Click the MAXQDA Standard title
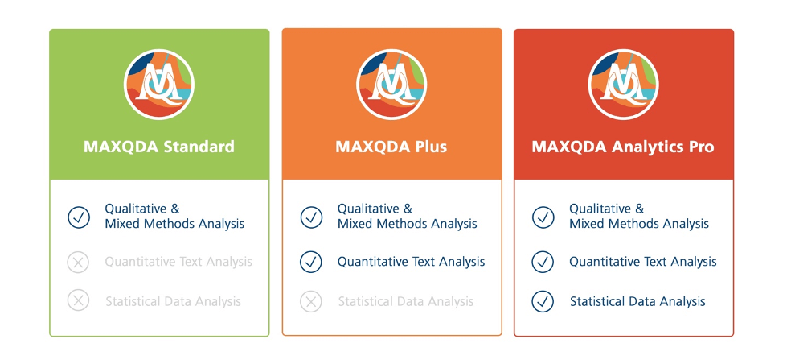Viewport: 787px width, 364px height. [158, 147]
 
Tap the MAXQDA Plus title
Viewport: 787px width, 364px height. [391, 147]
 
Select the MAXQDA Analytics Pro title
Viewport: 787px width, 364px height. [623, 147]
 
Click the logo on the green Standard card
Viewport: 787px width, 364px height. [159, 84]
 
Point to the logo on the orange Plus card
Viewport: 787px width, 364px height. [391, 84]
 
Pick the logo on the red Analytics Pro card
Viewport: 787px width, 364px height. [623, 84]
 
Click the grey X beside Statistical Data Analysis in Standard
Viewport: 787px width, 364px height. [78, 301]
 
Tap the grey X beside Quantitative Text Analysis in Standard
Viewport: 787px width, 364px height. [78, 262]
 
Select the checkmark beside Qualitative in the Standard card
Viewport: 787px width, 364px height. [79, 217]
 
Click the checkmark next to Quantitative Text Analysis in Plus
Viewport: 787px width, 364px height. [311, 262]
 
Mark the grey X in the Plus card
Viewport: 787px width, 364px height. [311, 301]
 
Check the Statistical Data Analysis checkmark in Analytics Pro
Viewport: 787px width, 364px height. [543, 301]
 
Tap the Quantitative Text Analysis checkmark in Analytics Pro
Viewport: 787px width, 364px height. [543, 262]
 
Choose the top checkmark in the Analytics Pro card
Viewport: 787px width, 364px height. [543, 217]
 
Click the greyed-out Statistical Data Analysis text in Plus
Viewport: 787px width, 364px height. [405, 302]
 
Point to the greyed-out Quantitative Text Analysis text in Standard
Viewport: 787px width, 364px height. [178, 262]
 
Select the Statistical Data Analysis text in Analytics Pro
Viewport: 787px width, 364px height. [637, 302]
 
